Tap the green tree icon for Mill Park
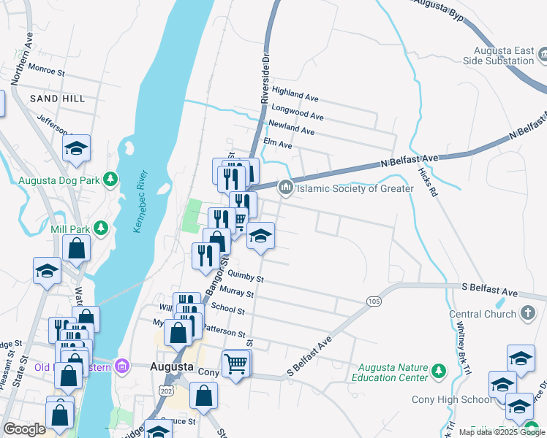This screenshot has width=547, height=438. point(102,229)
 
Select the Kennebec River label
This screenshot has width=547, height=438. point(141,202)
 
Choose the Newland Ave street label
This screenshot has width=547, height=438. point(291,128)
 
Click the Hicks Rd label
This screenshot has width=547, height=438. point(428,182)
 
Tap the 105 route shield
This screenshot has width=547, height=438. point(374,301)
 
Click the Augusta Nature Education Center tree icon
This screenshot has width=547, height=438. point(438,372)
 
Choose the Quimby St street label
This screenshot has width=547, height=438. point(245,277)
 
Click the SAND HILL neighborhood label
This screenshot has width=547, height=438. point(57,98)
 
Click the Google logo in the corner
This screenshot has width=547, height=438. point(25,429)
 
